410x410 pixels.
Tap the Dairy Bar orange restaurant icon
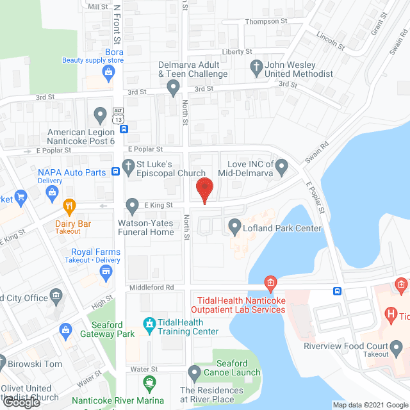70,206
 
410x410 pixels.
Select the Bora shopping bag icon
108,73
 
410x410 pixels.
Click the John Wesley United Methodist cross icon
256,66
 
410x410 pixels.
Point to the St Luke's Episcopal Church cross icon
128,166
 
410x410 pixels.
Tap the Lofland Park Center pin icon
234,226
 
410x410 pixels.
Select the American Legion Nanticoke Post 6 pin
99,115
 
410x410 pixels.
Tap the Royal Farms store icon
104,274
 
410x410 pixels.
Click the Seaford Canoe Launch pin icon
195,372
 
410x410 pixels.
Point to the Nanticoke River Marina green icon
149,384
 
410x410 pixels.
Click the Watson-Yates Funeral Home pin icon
132,206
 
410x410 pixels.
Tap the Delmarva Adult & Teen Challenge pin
172,88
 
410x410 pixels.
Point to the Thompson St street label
267,21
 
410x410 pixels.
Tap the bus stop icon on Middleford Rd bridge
337,291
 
